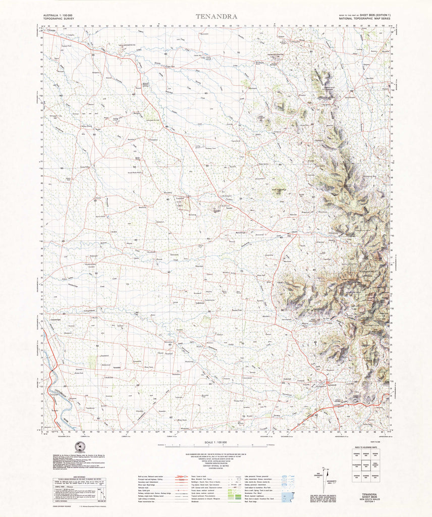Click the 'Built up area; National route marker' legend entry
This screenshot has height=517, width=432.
(x=151, y=476)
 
